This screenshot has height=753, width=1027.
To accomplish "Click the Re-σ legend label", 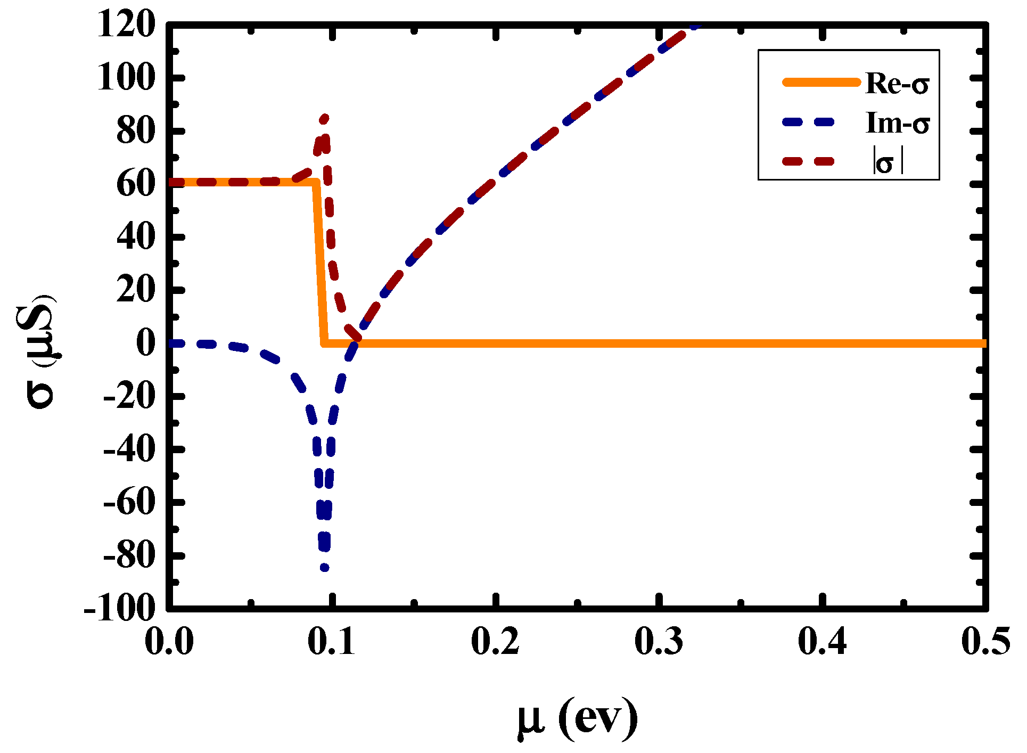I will [x=897, y=84].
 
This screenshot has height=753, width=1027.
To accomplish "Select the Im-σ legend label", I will [x=897, y=123].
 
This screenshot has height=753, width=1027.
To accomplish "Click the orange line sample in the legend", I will [x=820, y=82].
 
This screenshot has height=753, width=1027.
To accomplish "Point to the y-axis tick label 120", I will [x=126, y=24].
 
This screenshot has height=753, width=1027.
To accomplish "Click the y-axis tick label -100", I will [x=119, y=608].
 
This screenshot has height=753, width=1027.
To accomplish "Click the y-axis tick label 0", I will [x=145, y=343].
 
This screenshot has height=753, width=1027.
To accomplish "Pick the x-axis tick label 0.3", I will [x=659, y=641].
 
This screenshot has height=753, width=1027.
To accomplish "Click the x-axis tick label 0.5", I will [x=985, y=641].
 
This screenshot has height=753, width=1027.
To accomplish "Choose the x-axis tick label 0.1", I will [x=331, y=641].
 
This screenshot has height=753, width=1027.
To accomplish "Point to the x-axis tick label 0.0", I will [x=169, y=641].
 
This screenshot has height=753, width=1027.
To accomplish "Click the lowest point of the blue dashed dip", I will [x=324, y=568].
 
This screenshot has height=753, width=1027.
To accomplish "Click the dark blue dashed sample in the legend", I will [x=809, y=122].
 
